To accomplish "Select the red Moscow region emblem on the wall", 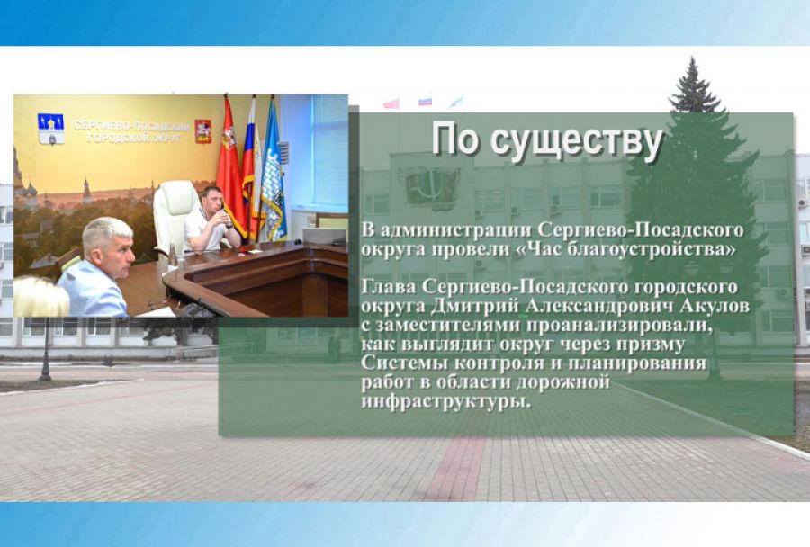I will click(x=203, y=131).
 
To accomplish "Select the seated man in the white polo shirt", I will click(x=208, y=225).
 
